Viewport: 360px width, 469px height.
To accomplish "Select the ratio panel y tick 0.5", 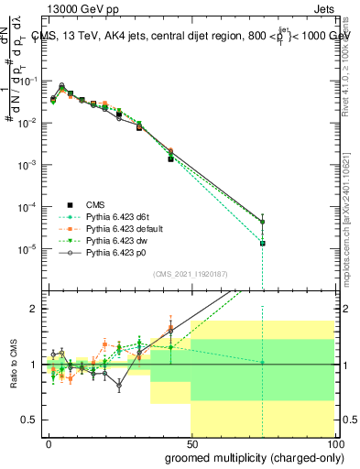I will (x=31, y=420).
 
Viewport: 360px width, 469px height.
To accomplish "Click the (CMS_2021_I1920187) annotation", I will (x=190, y=274).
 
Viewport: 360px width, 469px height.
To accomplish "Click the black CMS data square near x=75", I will (x=263, y=243).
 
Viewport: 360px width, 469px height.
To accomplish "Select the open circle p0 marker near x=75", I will (x=263, y=222).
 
